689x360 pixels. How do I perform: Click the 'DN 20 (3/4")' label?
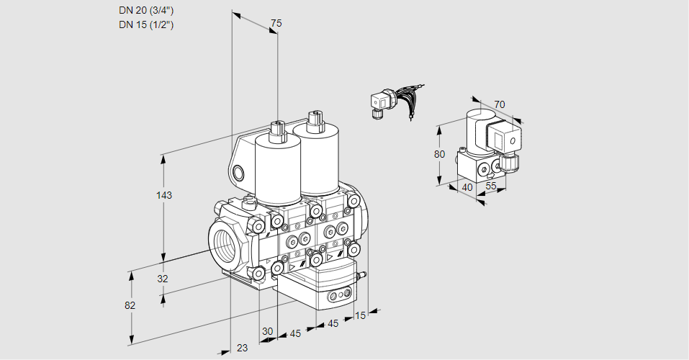pyautogui.click(x=146, y=11)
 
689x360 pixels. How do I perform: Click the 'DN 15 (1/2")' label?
pyautogui.click(x=146, y=24)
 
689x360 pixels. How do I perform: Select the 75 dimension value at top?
pyautogui.click(x=275, y=24)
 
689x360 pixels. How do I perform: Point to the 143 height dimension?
pyautogui.click(x=166, y=195)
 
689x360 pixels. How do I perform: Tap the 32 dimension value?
pyautogui.click(x=162, y=279)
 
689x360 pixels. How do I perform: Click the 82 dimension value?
pyautogui.click(x=130, y=305)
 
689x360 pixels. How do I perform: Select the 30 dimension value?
pyautogui.click(x=267, y=331)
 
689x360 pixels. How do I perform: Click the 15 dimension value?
pyautogui.click(x=360, y=315)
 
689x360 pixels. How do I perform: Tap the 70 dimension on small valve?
pyautogui.click(x=500, y=104)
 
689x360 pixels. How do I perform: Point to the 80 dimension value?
pyautogui.click(x=440, y=154)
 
